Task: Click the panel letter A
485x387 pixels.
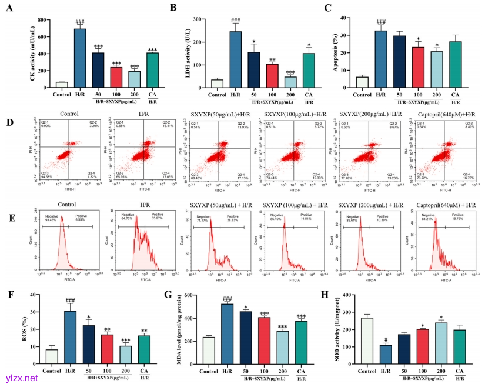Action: (x=8, y=9)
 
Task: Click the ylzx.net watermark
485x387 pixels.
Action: (x=22, y=376)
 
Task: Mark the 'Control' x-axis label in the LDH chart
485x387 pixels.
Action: (x=216, y=95)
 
